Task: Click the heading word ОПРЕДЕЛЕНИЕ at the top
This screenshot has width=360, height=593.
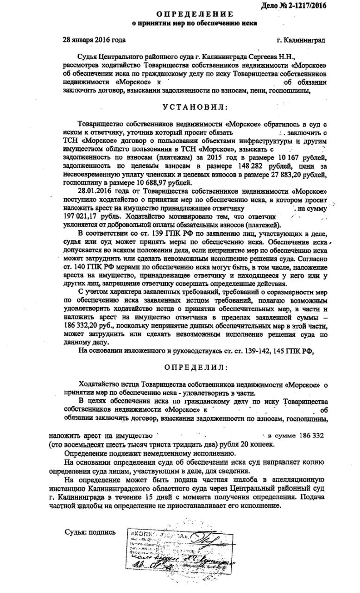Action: (192, 14)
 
